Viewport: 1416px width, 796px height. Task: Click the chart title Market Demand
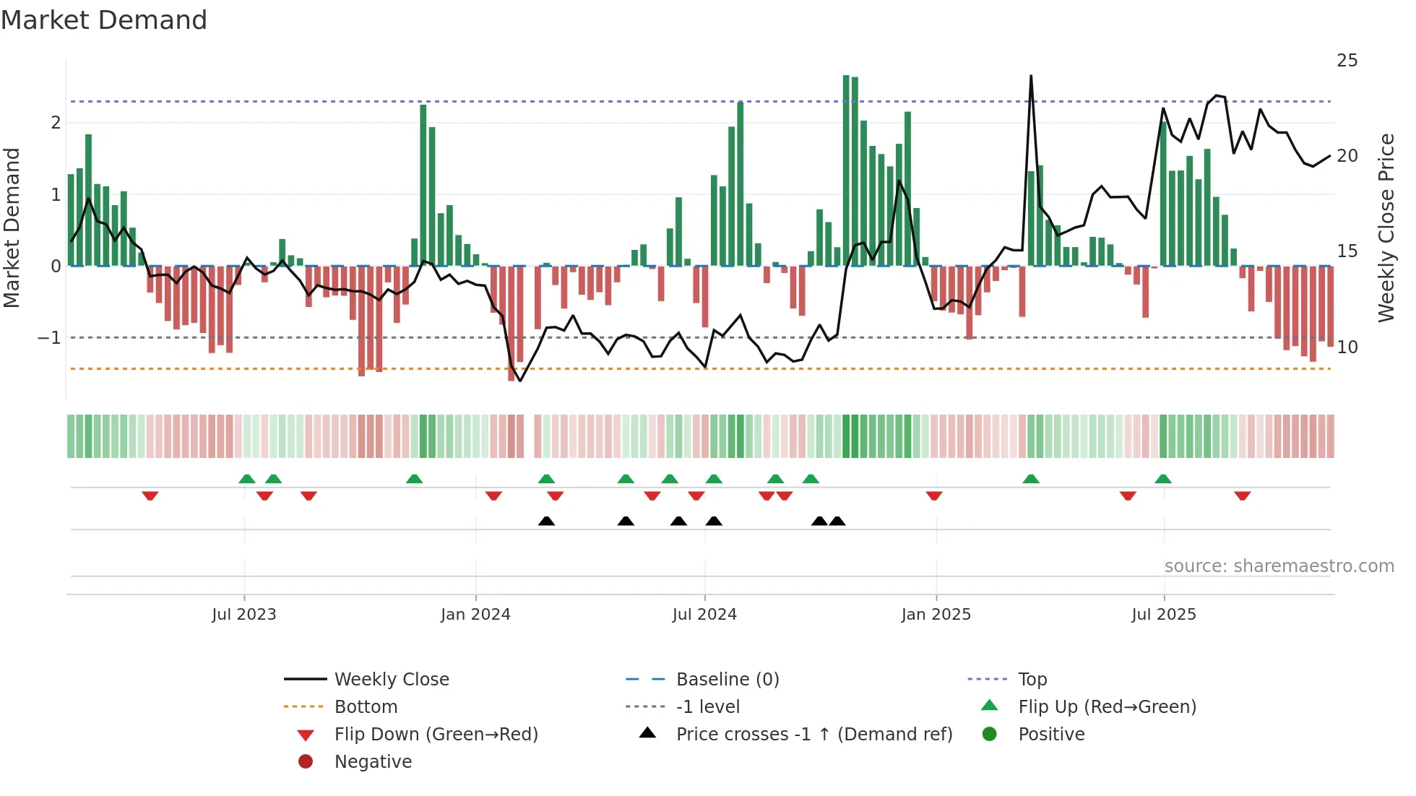[x=104, y=20]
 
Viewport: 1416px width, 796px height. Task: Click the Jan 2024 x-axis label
[x=475, y=615]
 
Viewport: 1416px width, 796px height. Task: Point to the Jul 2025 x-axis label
[x=1163, y=615]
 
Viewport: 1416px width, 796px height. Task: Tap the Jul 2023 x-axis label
[x=244, y=615]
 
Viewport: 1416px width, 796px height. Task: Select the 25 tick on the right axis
[x=1347, y=61]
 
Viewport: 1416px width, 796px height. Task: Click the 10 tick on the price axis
[x=1347, y=347]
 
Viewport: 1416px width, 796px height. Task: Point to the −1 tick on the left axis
[x=49, y=338]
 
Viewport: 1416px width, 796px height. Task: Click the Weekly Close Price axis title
[x=1386, y=228]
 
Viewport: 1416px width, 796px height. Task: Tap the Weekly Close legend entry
[x=391, y=680]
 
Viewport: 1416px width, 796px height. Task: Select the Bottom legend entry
[x=366, y=707]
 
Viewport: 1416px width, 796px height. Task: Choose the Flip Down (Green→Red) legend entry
[x=436, y=735]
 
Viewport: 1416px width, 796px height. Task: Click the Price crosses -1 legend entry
[x=813, y=735]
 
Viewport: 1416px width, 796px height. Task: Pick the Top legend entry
[x=1032, y=680]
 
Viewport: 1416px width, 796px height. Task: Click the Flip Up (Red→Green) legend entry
[x=1107, y=707]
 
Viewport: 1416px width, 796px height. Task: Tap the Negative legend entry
[x=373, y=762]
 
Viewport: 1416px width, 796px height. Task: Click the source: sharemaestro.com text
[x=1279, y=566]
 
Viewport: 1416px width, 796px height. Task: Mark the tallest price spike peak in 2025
[x=1031, y=76]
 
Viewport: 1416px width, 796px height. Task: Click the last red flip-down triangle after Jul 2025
[x=1242, y=496]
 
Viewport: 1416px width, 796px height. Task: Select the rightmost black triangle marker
[x=837, y=521]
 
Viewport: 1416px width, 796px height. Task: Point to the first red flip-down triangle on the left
[x=150, y=496]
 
